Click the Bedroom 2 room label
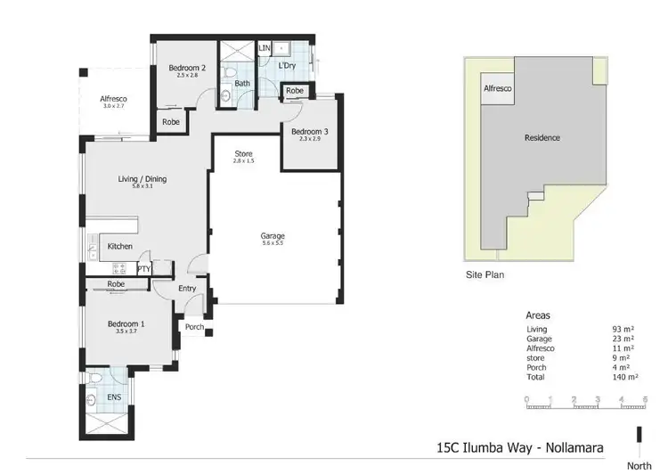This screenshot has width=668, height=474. pyautogui.click(x=188, y=68)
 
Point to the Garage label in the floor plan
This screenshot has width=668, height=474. pyautogui.click(x=272, y=236)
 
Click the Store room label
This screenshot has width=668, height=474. pyautogui.click(x=243, y=154)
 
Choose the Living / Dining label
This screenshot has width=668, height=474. pyautogui.click(x=143, y=179)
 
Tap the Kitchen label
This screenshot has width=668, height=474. pyautogui.click(x=120, y=246)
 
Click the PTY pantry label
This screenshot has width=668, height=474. pyautogui.click(x=143, y=267)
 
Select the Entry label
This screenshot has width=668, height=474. pyautogui.click(x=187, y=288)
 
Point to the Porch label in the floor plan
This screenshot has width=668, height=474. pyautogui.click(x=194, y=327)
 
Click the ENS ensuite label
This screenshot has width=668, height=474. pyautogui.click(x=114, y=397)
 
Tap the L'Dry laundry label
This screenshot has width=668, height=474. pyautogui.click(x=287, y=66)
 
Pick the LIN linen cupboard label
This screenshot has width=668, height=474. pyautogui.click(x=265, y=48)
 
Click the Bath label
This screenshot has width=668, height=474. pyautogui.click(x=242, y=84)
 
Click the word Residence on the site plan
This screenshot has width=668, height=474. pyautogui.click(x=542, y=137)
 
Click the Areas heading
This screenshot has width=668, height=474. pyautogui.click(x=539, y=315)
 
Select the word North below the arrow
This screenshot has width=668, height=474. pyautogui.click(x=638, y=464)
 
